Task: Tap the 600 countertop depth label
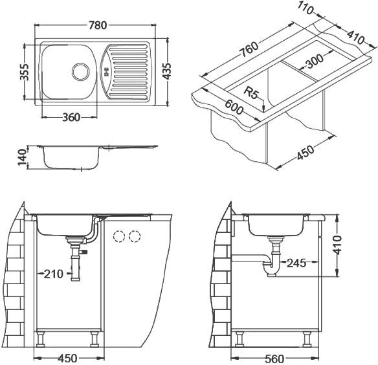[x=234, y=113]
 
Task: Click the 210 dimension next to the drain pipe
[x=53, y=274]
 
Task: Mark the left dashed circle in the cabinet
[x=119, y=236]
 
